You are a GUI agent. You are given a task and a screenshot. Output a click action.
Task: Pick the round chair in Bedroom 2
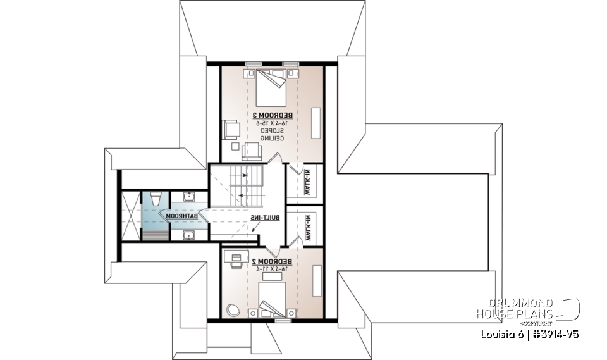[x=232, y=310]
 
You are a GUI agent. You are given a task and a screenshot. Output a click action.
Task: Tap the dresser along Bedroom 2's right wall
[x=316, y=278]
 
